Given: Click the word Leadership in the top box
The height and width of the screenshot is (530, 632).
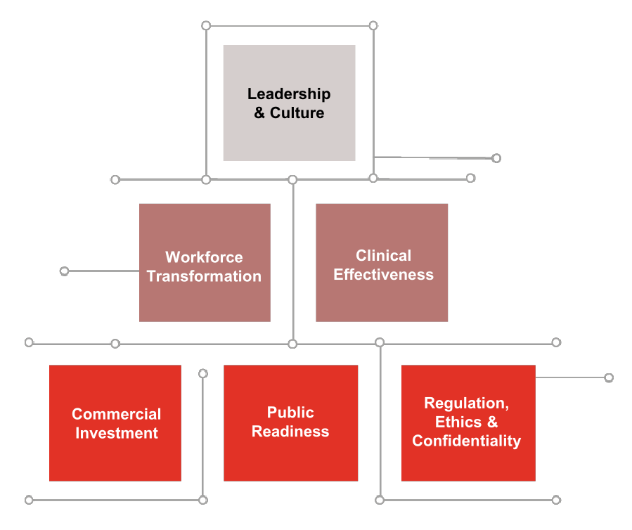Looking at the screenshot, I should pyautogui.click(x=289, y=93).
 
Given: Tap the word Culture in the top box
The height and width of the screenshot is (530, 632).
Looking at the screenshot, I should pyautogui.click(x=297, y=112).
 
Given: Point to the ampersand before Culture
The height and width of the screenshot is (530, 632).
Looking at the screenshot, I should pyautogui.click(x=260, y=112).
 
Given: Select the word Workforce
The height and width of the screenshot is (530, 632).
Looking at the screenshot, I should pyautogui.click(x=204, y=257).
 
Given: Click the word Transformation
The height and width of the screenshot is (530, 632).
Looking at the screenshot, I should pyautogui.click(x=204, y=276).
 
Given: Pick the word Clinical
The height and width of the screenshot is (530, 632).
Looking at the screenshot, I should pyautogui.click(x=383, y=256).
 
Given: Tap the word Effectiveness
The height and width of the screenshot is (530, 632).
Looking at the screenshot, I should pyautogui.click(x=383, y=274).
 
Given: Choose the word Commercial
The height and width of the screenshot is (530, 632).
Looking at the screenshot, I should pyautogui.click(x=117, y=414).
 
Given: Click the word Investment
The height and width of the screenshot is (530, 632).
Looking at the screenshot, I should pyautogui.click(x=117, y=433).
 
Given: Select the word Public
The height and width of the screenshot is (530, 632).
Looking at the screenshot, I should pyautogui.click(x=290, y=413).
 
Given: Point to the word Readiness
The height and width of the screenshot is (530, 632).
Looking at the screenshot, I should pyautogui.click(x=290, y=431).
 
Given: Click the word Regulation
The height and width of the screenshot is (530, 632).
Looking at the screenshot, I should pyautogui.click(x=466, y=403).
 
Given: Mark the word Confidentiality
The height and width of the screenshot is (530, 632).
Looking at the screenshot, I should pyautogui.click(x=467, y=441).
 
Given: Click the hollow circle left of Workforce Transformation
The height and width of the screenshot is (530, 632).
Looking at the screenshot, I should pyautogui.click(x=65, y=271).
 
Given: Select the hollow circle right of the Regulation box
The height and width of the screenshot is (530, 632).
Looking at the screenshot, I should pyautogui.click(x=609, y=377).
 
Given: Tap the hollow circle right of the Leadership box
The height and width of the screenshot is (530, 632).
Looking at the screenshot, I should pyautogui.click(x=496, y=158).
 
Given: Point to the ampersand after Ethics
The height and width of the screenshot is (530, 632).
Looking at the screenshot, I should pyautogui.click(x=492, y=422).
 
